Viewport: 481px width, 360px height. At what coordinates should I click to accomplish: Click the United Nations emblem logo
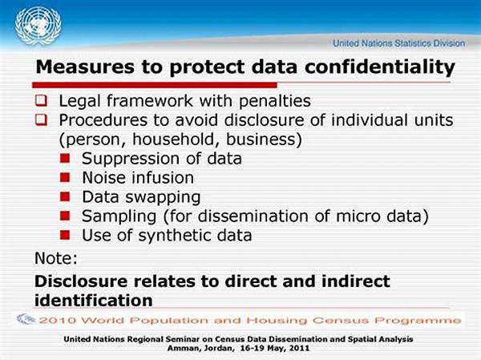point(38,26)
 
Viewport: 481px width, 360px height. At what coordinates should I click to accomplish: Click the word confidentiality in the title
point(379,67)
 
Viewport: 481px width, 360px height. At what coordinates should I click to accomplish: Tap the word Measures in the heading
point(85,67)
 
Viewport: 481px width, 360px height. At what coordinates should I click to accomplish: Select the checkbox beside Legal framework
point(41,100)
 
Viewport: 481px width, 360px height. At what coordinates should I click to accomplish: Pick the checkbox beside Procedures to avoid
point(41,119)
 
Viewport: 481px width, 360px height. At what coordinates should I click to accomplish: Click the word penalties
point(275,102)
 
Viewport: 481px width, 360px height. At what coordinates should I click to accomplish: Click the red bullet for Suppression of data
point(65,159)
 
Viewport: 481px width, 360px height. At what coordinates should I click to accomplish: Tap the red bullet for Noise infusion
point(65,177)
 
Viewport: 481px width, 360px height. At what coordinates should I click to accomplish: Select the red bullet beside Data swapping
point(65,196)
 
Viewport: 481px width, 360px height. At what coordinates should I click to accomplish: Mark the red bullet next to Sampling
point(65,216)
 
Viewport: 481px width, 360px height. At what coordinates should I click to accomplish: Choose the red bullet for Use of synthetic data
point(65,235)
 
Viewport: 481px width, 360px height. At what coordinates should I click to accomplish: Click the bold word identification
point(94,300)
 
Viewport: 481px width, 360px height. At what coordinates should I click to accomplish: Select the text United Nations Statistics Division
point(398,43)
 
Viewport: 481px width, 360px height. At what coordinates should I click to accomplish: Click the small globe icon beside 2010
point(26,319)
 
